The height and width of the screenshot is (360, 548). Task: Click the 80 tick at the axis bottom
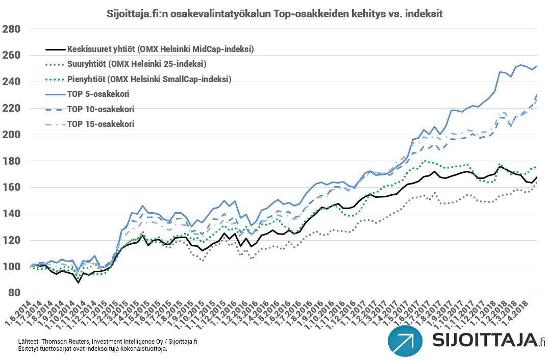point(14,293)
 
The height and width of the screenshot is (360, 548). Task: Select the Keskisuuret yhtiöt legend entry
point(160,49)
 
